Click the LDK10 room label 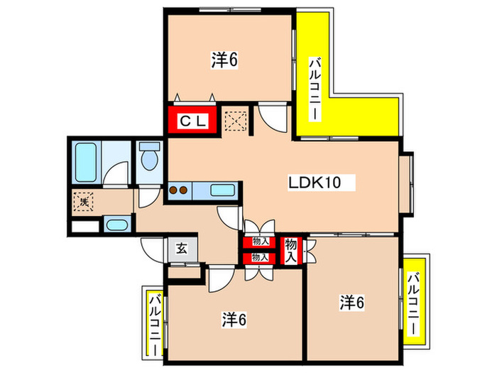tap(315, 183)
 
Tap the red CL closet tap(192, 120)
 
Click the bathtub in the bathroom tap(86, 162)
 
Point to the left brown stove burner tap(173, 190)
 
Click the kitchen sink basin tap(222, 190)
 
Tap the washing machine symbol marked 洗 tap(84, 201)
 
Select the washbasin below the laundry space tap(117, 225)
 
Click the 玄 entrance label tap(182, 249)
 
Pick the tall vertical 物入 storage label tap(290, 251)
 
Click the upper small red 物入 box tap(260, 242)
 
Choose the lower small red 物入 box tap(260, 258)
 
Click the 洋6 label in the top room tap(224, 60)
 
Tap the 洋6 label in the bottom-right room tap(352, 302)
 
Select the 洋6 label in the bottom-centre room tap(234, 320)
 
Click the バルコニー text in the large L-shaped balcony tap(315, 89)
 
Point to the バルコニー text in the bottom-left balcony tap(155, 325)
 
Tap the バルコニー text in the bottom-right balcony tap(413, 304)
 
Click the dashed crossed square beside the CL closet tap(236, 121)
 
